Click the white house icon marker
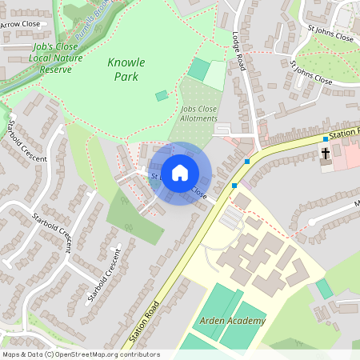tap(180, 172)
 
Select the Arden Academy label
tap(232, 321)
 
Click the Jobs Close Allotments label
tap(198, 113)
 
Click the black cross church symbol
tap(326, 152)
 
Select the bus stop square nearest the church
tap(326, 139)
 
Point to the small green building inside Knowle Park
tap(162, 95)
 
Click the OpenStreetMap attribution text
tap(80, 354)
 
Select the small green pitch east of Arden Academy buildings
tap(323, 288)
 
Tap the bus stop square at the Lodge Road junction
tap(247, 162)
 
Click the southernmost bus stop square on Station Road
tap(234, 186)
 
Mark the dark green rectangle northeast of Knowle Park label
tap(198, 69)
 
